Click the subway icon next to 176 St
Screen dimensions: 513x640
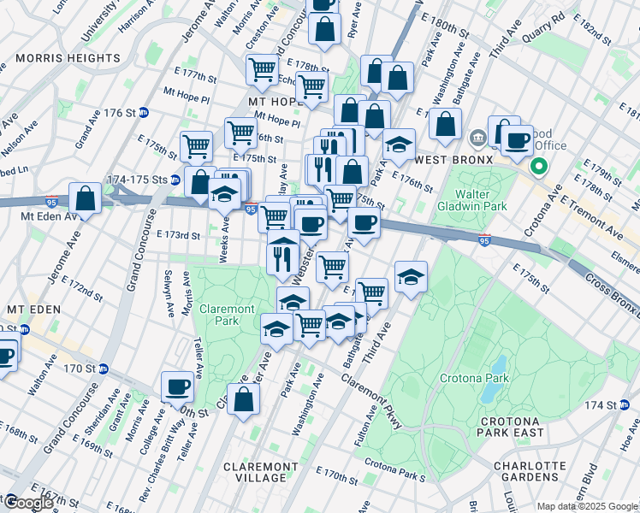tap(144, 112)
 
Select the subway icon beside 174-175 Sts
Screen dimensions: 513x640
tap(175, 180)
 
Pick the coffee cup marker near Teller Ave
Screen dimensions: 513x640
tap(178, 386)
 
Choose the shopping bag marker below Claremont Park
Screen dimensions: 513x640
tap(244, 400)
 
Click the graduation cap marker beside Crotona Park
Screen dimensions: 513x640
tap(411, 277)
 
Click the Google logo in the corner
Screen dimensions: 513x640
tap(27, 503)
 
